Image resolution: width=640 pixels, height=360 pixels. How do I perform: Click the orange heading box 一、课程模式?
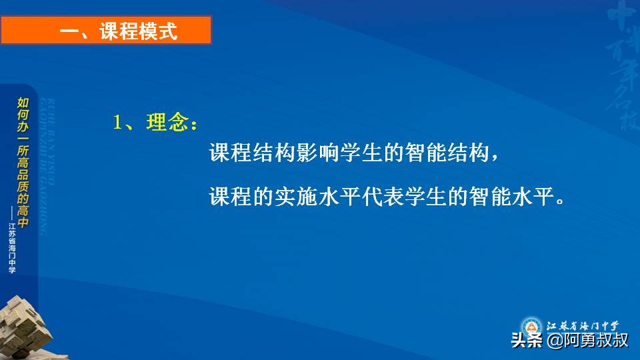point(107,31)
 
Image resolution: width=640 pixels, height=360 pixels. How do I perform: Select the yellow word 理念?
point(167,123)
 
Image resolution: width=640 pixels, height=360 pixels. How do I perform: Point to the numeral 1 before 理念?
point(118,123)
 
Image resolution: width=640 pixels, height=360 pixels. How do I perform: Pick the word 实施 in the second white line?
point(298,198)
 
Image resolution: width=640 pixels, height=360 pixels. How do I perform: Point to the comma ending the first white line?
point(494,157)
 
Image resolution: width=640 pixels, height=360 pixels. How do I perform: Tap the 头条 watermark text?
point(526,341)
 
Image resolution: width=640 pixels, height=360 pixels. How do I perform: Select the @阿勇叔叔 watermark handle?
point(587,341)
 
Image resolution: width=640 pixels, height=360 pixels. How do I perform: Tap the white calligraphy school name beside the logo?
point(583,326)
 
